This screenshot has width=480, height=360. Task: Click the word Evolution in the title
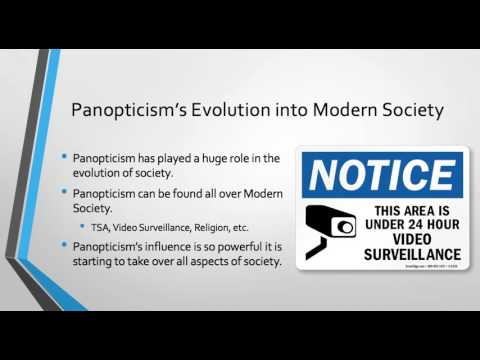[x=226, y=108]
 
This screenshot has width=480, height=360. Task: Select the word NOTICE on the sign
[x=383, y=175]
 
